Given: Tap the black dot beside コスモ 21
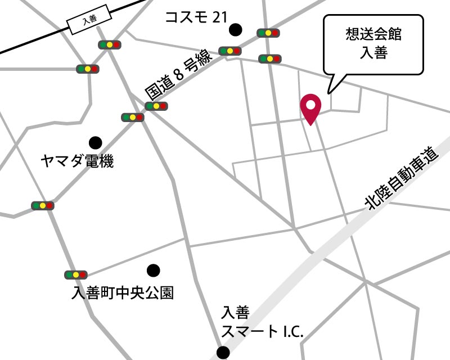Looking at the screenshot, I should [x=235, y=29].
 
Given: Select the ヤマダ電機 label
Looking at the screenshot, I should [x=77, y=162].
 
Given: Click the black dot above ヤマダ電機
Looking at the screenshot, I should [x=96, y=143].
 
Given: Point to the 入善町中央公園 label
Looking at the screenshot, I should [x=123, y=293].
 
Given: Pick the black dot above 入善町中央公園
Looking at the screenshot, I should [x=153, y=271].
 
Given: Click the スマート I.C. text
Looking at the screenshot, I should [x=262, y=331].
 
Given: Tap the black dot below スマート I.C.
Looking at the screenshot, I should [x=223, y=353].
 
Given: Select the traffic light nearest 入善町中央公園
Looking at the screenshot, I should [x=75, y=275].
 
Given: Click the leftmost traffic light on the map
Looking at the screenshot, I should [x=43, y=206].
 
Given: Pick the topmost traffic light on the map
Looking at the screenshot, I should [x=268, y=33].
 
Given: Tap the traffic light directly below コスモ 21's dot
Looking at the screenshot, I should [x=230, y=51].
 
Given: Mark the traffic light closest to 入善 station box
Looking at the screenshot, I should [x=110, y=44].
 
